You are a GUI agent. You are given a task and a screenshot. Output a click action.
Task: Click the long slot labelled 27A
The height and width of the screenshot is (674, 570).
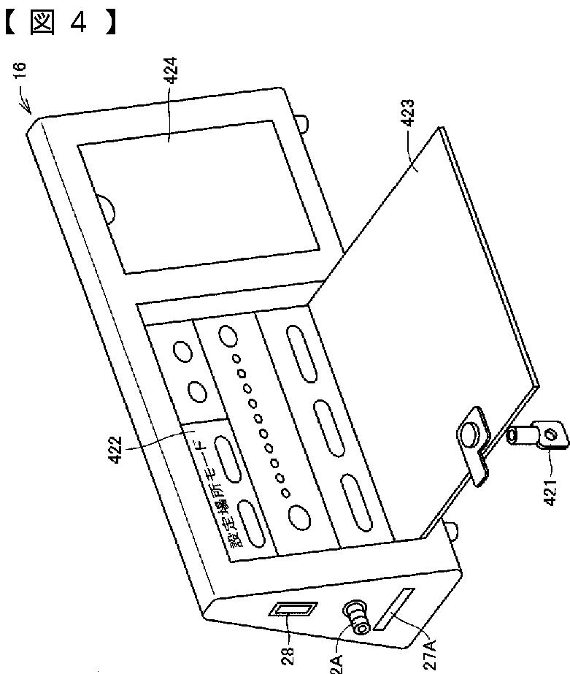click(x=394, y=614)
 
